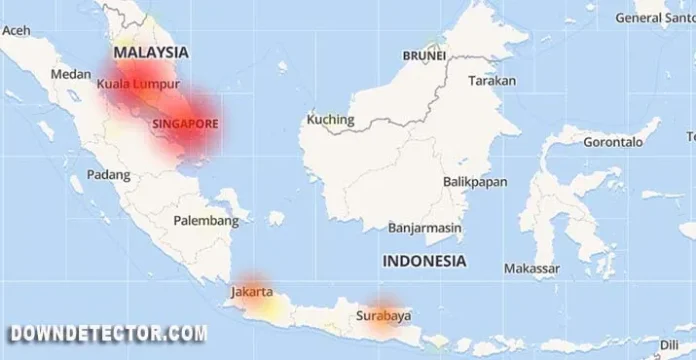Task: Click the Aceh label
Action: pyautogui.click(x=16, y=31)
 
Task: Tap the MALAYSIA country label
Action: pyautogui.click(x=152, y=51)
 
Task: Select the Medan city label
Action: pyautogui.click(x=71, y=73)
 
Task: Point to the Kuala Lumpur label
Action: pyautogui.click(x=139, y=85)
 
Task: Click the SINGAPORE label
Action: pyautogui.click(x=186, y=123)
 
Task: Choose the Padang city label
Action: pyautogui.click(x=109, y=174)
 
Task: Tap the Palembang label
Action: pyautogui.click(x=206, y=219)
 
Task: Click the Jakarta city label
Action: pyautogui.click(x=252, y=293)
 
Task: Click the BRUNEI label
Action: pyautogui.click(x=424, y=56)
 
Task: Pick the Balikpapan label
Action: pyautogui.click(x=475, y=182)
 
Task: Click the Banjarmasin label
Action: pyautogui.click(x=425, y=227)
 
